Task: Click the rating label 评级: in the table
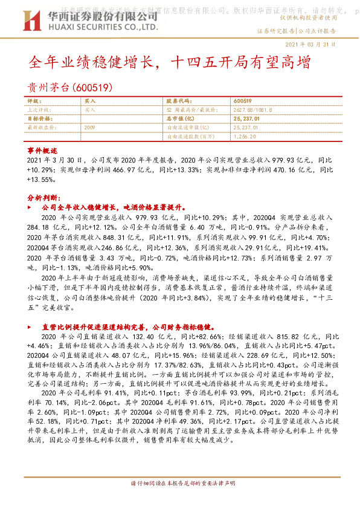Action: pyautogui.click(x=37, y=101)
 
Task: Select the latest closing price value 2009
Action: pyautogui.click(x=90, y=128)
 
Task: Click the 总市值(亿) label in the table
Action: pyautogui.click(x=178, y=119)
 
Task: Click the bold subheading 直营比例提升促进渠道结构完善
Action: pyautogui.click(x=121, y=326)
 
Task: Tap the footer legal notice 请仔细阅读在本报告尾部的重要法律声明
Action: pyautogui.click(x=180, y=484)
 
